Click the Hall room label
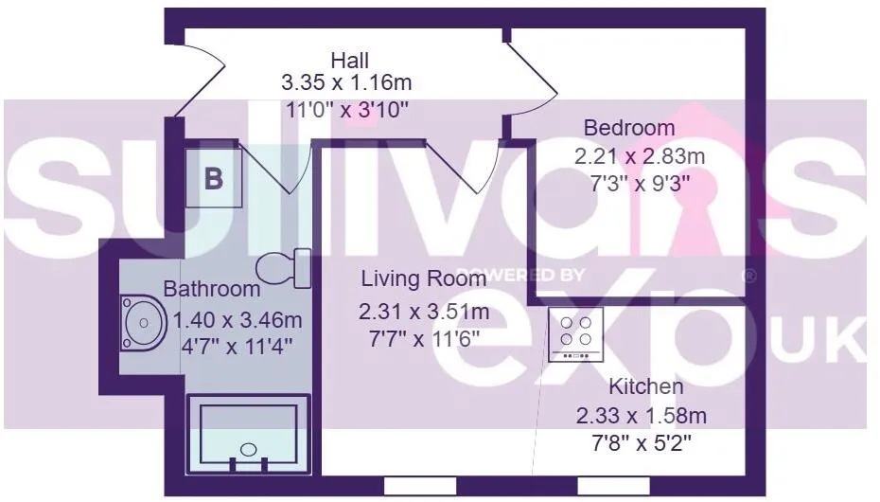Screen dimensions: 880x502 tap(350, 60)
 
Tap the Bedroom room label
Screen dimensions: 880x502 tap(629, 128)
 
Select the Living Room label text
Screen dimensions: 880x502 tap(423, 278)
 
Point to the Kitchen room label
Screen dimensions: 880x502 tap(646, 386)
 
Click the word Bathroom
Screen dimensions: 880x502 tap(212, 289)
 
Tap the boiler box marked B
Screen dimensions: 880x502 tap(214, 178)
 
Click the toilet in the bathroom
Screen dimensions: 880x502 tap(284, 268)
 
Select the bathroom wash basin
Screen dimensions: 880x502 tap(144, 323)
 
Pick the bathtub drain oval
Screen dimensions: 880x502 tap(248, 449)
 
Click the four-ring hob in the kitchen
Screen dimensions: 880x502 tap(576, 334)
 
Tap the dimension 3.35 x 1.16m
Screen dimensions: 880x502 tap(346, 83)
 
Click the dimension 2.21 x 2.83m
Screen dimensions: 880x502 tap(640, 156)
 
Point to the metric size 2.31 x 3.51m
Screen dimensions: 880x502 tap(424, 312)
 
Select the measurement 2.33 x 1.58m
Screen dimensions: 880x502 tap(641, 416)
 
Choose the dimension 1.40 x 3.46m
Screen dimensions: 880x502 tap(237, 321)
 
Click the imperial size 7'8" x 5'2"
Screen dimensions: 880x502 tap(641, 443)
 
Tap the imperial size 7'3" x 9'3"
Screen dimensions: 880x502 tap(640, 184)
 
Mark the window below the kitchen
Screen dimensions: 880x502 tap(613, 486)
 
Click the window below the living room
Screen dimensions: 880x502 tap(420, 486)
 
